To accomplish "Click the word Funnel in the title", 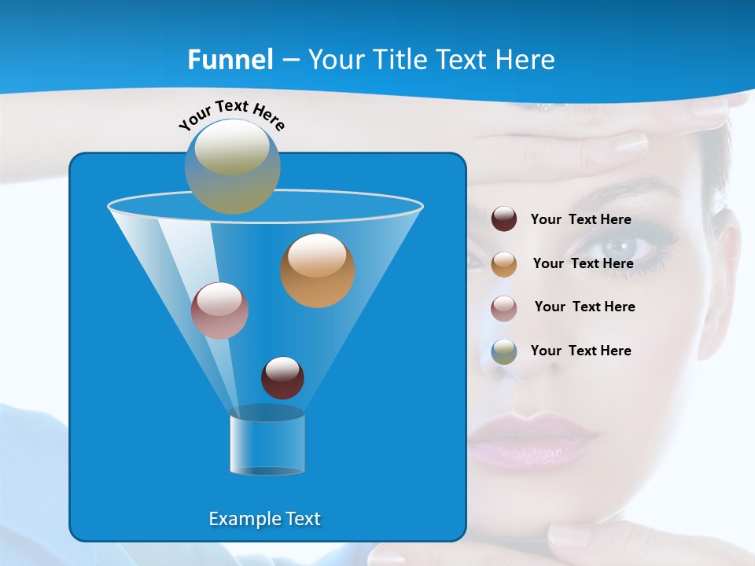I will tap(230, 60).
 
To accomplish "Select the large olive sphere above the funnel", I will tap(232, 166).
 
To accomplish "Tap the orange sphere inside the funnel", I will tap(318, 270).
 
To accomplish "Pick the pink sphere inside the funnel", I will tap(219, 311).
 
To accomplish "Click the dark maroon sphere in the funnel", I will tap(282, 377).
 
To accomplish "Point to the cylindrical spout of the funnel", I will tap(267, 444).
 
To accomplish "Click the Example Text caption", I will tap(264, 519).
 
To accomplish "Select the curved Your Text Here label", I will tap(232, 115).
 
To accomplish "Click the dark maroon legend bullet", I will tap(504, 219).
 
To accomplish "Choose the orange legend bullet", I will tap(504, 264).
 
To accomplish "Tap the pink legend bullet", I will tap(504, 308).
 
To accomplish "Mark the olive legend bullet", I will tap(504, 351).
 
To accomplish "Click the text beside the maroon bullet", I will tap(580, 220).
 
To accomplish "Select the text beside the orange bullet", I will tap(583, 264).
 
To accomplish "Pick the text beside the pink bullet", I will tap(584, 307).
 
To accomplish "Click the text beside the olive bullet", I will tap(580, 351).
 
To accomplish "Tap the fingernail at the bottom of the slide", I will tap(570, 536).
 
